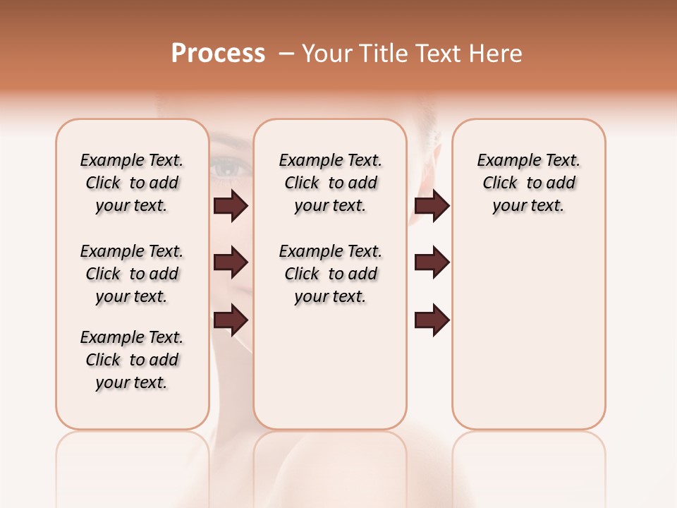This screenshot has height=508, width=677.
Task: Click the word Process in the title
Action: pyautogui.click(x=218, y=54)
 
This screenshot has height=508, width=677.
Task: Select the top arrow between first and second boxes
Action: pyautogui.click(x=231, y=206)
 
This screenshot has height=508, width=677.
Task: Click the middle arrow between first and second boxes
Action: pyautogui.click(x=231, y=262)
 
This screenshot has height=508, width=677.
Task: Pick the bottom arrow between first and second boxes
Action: pyautogui.click(x=231, y=320)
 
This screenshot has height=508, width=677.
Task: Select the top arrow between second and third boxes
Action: pyautogui.click(x=432, y=206)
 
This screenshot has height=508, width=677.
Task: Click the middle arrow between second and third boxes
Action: pyautogui.click(x=432, y=262)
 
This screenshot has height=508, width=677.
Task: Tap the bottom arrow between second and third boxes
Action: pyautogui.click(x=432, y=320)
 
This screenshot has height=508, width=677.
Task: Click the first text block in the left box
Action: pyautogui.click(x=132, y=183)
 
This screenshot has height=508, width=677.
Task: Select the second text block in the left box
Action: pyautogui.click(x=132, y=274)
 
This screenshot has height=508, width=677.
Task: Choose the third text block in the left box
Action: pyautogui.click(x=132, y=360)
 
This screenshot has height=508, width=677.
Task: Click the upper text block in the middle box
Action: pyautogui.click(x=330, y=183)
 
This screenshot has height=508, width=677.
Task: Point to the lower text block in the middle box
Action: pyautogui.click(x=330, y=274)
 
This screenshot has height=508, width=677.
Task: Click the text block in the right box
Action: pyautogui.click(x=528, y=183)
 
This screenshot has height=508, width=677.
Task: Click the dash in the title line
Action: pyautogui.click(x=286, y=54)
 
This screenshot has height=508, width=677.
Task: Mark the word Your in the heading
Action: pyautogui.click(x=327, y=54)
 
